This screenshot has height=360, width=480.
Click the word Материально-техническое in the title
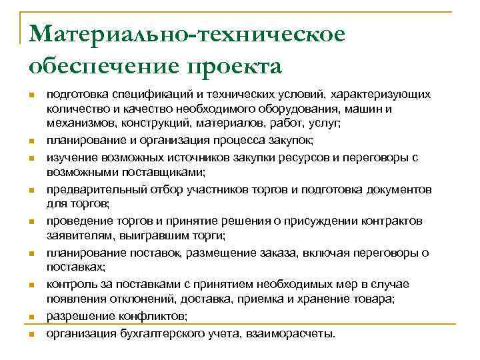pos(187,35)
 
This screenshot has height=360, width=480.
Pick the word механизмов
pos(76,123)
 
